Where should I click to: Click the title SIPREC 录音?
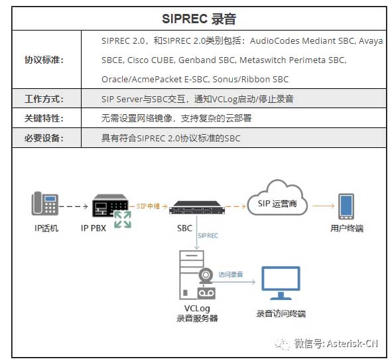(x=199, y=19)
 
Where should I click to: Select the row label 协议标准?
(x=44, y=60)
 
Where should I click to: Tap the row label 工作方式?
(x=44, y=100)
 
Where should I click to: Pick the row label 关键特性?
(x=44, y=119)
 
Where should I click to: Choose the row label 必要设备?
(x=44, y=138)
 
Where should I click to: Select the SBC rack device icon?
(x=197, y=208)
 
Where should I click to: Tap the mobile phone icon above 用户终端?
(x=346, y=206)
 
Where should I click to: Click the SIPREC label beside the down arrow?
(x=208, y=236)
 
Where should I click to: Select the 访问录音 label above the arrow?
(x=230, y=273)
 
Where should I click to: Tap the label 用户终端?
(x=346, y=229)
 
